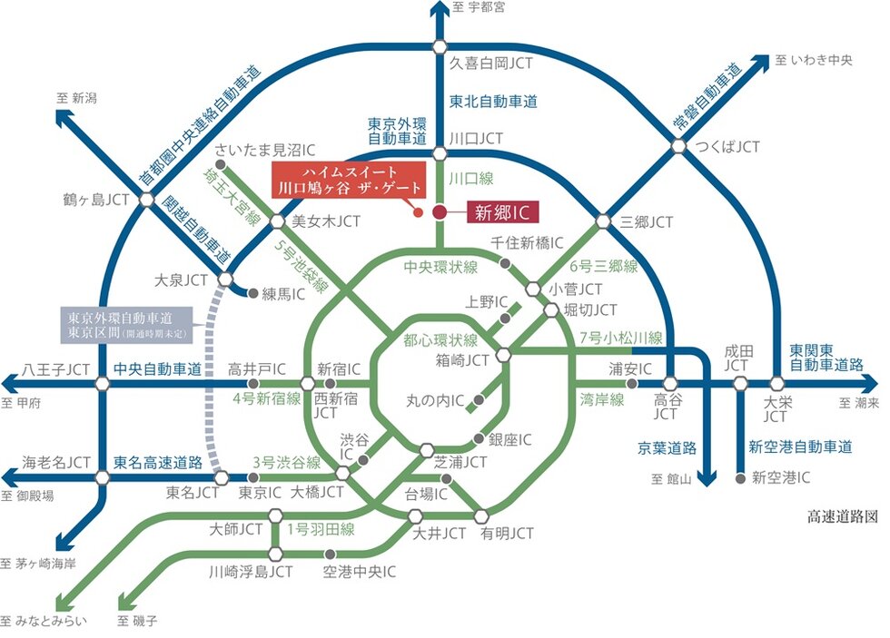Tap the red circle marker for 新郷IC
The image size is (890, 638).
[x=440, y=212]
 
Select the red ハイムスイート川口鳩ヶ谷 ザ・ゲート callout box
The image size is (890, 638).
[x=351, y=179]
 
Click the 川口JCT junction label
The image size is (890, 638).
[x=477, y=138]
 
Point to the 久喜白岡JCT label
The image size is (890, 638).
[x=491, y=64]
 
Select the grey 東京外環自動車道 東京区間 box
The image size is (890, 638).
[x=125, y=326]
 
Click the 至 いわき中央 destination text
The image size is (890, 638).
[x=816, y=61]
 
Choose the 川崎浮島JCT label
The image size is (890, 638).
[x=251, y=572]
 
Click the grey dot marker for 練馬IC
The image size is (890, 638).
[x=252, y=293]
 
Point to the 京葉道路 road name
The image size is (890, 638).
[x=667, y=447]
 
